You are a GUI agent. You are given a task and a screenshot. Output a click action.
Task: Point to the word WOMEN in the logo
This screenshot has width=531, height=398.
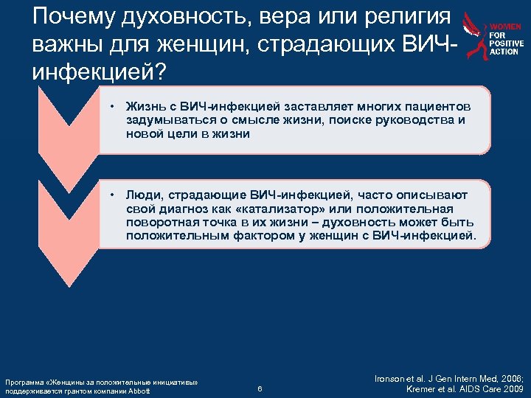coord(507,27)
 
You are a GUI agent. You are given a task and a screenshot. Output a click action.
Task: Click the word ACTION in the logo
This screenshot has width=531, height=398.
coord(504,52)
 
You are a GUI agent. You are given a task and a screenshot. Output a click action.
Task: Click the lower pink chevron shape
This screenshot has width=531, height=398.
coord(69,228)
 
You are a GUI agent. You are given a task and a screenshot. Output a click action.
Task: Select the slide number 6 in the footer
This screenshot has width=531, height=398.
coord(260,389)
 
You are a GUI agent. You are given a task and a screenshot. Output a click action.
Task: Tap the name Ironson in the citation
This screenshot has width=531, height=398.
coord(392,377)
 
